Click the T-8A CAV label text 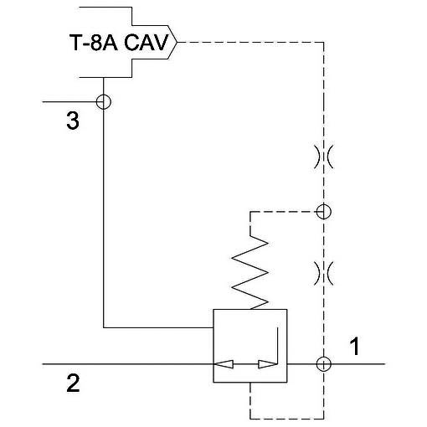coord(120,43)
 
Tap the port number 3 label coord(73,121)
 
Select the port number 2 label coord(73,383)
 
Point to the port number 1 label coord(355,346)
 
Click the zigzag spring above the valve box coord(250,272)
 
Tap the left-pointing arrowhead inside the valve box coord(224,364)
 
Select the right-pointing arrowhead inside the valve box coord(267,364)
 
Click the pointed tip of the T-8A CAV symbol coord(177,43)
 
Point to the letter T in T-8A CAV coord(75,43)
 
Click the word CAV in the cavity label coord(146,43)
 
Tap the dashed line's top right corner coord(324,43)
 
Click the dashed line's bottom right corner coord(324,419)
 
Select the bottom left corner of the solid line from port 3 coord(104,327)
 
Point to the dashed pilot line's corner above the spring coord(250,212)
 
